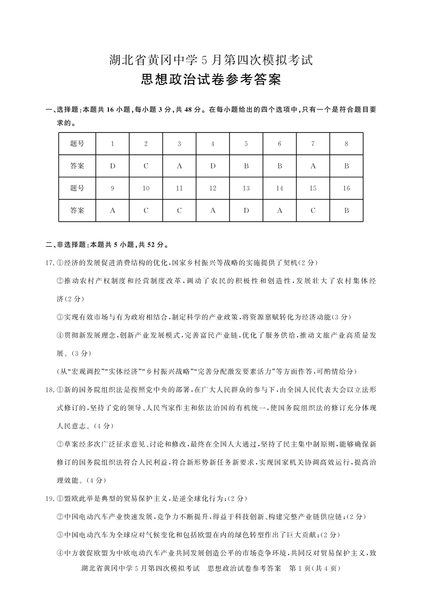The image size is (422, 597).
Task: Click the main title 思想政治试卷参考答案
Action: click(x=211, y=80)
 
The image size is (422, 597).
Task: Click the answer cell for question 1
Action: click(x=113, y=166)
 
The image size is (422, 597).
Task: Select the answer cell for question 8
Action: click(x=346, y=166)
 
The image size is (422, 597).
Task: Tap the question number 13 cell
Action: click(x=246, y=188)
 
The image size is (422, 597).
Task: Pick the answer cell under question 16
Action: click(x=346, y=210)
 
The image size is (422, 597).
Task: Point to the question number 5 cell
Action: click(x=246, y=144)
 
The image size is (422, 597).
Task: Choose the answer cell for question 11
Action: click(x=179, y=210)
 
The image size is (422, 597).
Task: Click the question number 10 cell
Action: click(x=146, y=188)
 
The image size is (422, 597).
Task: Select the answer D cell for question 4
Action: click(x=213, y=166)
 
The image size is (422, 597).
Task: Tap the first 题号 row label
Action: click(x=77, y=144)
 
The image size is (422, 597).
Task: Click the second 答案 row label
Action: click(x=77, y=210)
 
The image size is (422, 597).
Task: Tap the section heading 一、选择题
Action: click(x=62, y=110)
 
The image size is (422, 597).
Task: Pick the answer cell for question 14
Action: click(x=280, y=210)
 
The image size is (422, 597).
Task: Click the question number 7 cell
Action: click(x=313, y=144)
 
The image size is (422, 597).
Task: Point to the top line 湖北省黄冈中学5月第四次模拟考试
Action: click(x=211, y=60)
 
